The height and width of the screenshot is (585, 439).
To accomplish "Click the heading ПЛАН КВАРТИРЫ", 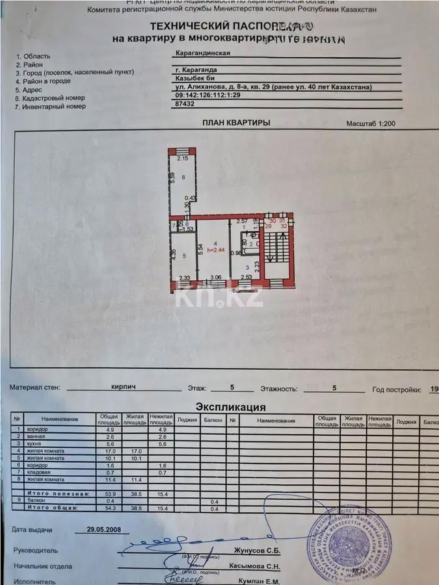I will [236, 122].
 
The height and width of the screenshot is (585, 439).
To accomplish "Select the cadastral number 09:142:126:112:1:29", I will [208, 94].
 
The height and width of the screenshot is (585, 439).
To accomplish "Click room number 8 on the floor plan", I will [184, 177].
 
